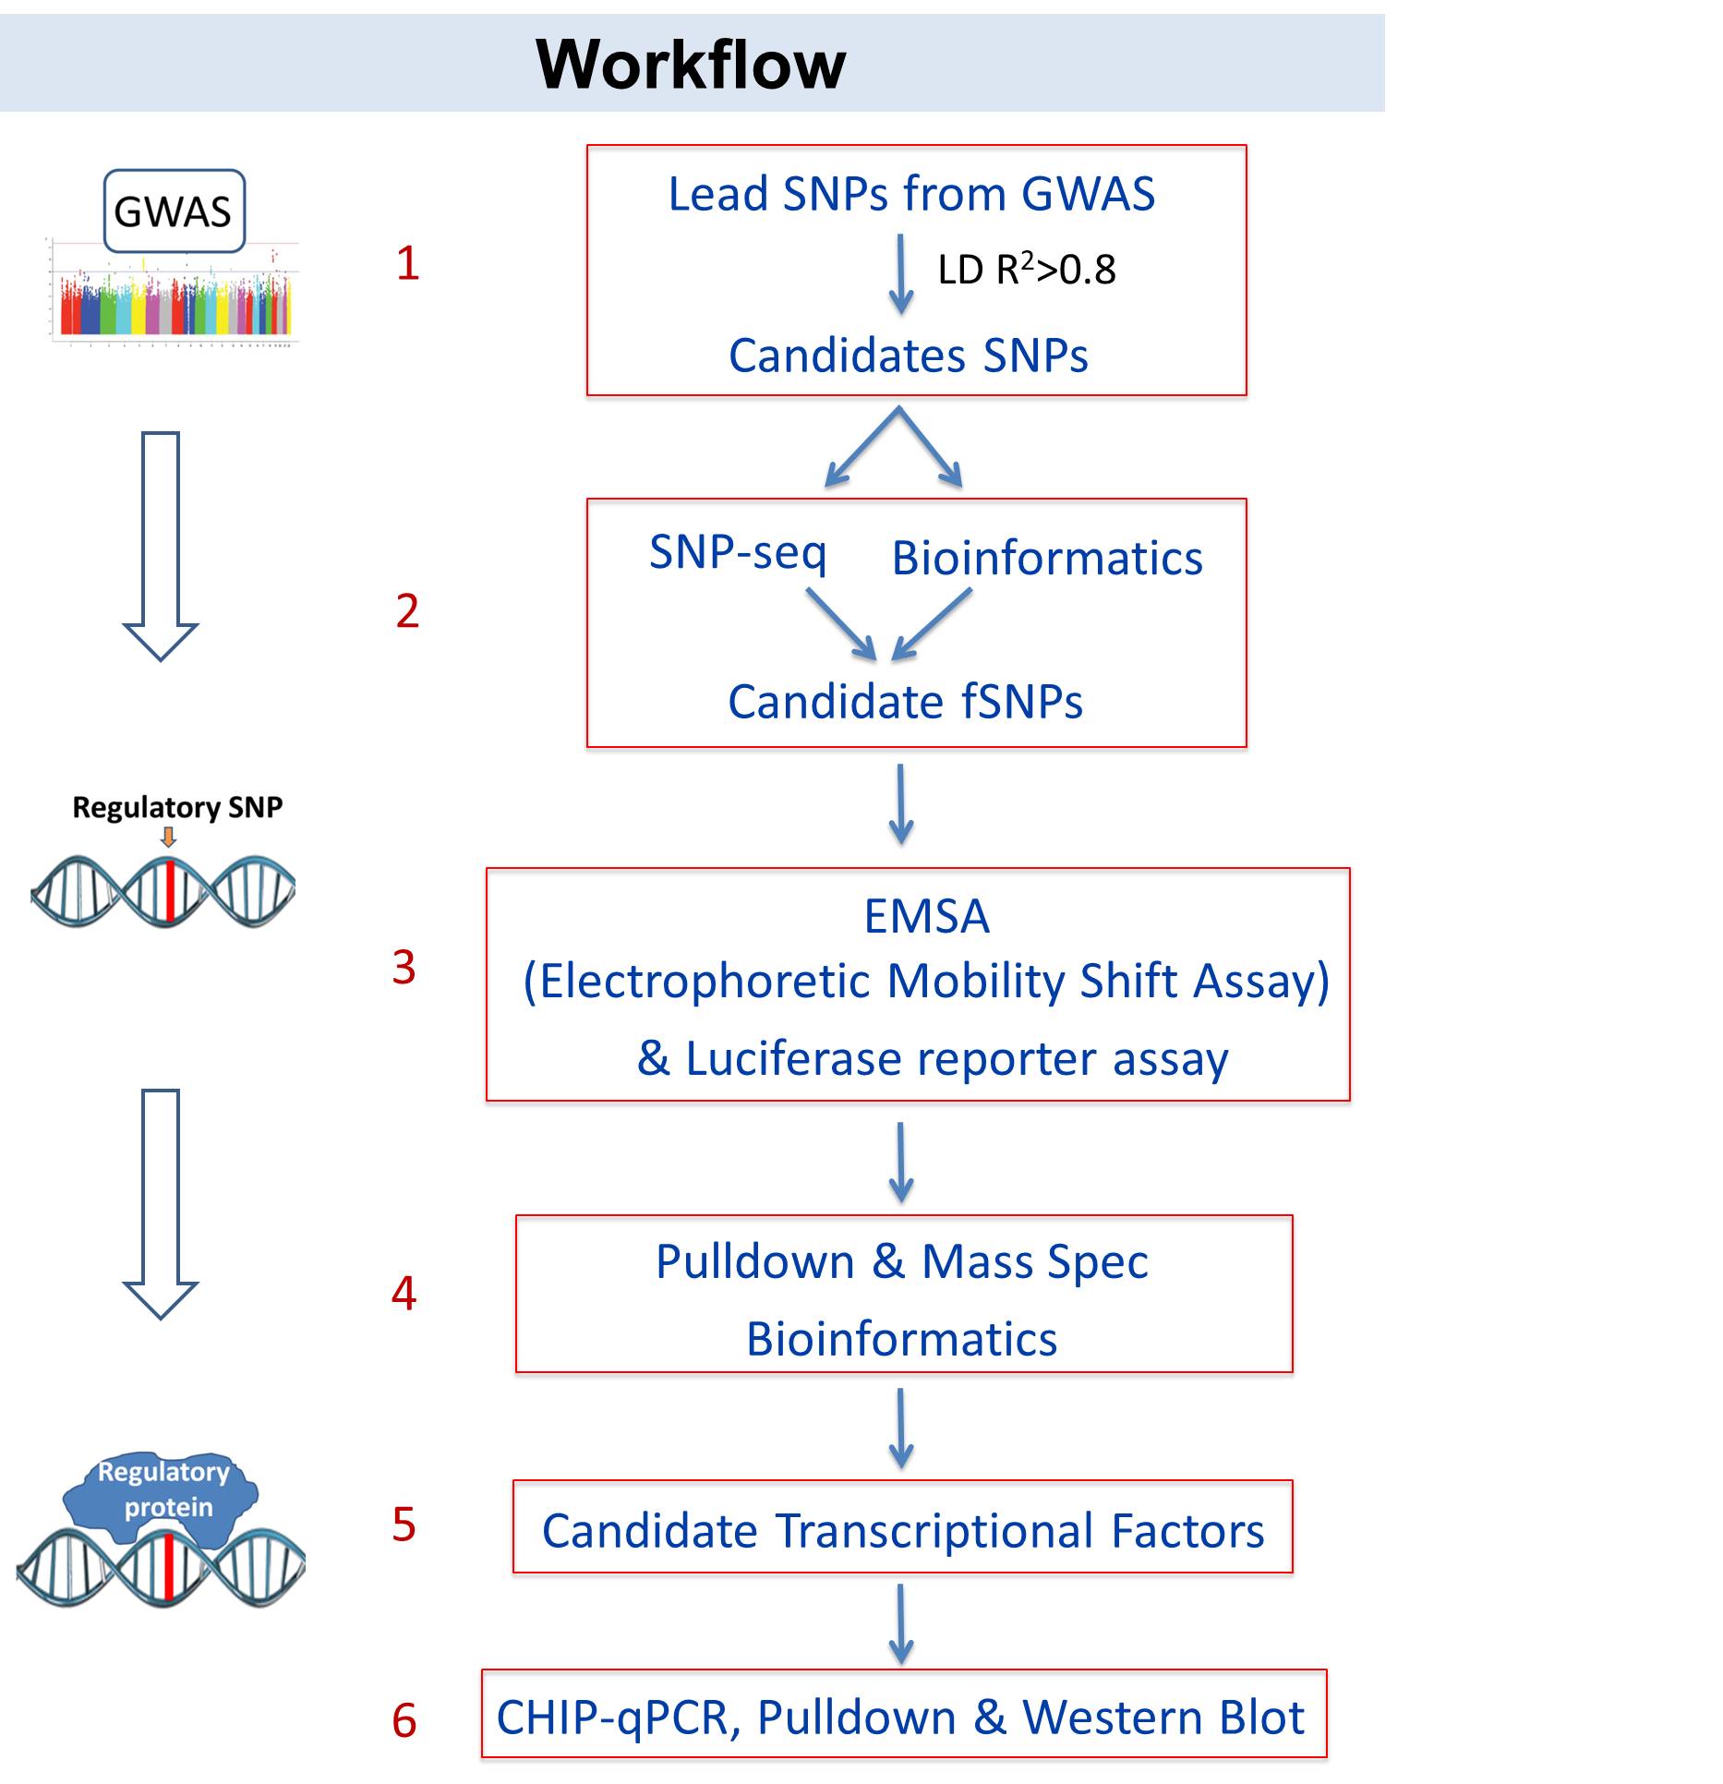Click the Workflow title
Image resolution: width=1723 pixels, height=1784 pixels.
[690, 65]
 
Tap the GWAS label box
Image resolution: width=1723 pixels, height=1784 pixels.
[174, 211]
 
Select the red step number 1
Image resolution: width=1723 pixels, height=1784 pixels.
[407, 264]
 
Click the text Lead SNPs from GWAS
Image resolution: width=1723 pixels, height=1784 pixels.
[911, 195]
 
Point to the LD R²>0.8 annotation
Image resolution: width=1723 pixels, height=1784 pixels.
[1026, 270]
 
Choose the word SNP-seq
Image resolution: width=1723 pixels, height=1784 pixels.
[737, 552]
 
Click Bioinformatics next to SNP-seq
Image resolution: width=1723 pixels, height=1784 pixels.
[1046, 559]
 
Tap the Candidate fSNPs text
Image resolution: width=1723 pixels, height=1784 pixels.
[905, 702]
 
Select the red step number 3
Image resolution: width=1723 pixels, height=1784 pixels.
[404, 968]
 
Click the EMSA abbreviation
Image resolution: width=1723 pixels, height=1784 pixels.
[926, 917]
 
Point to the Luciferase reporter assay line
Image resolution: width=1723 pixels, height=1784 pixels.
[933, 1058]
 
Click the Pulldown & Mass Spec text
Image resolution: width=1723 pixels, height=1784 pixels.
[902, 1261]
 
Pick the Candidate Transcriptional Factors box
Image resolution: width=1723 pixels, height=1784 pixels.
[902, 1531]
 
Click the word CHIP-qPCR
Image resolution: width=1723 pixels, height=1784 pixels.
[613, 1718]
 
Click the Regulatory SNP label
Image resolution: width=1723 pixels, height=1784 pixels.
[177, 808]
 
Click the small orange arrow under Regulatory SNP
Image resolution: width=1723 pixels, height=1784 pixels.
[168, 838]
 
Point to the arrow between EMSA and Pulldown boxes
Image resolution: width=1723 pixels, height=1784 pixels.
[901, 1162]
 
